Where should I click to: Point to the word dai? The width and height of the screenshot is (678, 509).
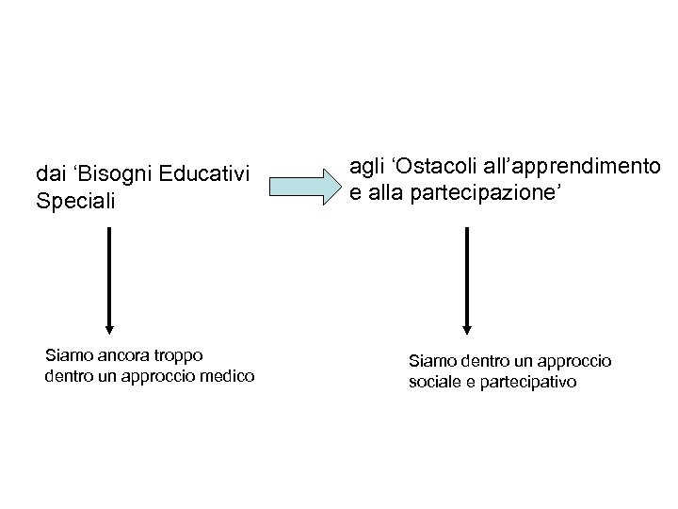tap(48, 174)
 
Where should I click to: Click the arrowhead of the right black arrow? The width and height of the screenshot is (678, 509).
tap(466, 328)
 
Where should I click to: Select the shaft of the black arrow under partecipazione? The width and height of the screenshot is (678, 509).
tap(466, 273)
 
